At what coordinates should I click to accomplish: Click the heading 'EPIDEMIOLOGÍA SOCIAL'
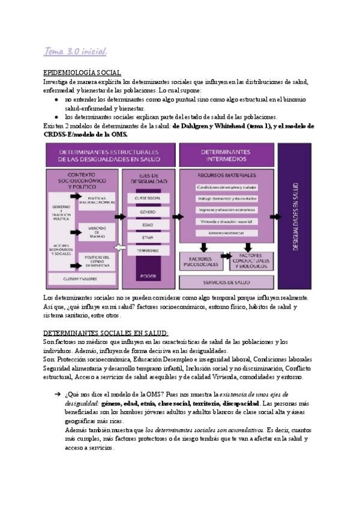[83, 72]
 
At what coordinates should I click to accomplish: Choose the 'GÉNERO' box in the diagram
[148, 211]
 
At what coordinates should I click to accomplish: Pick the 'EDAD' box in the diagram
[148, 224]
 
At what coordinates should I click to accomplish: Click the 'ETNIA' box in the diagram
[148, 237]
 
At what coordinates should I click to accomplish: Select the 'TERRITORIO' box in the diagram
[148, 250]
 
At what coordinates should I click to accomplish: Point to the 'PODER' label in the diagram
[148, 277]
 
